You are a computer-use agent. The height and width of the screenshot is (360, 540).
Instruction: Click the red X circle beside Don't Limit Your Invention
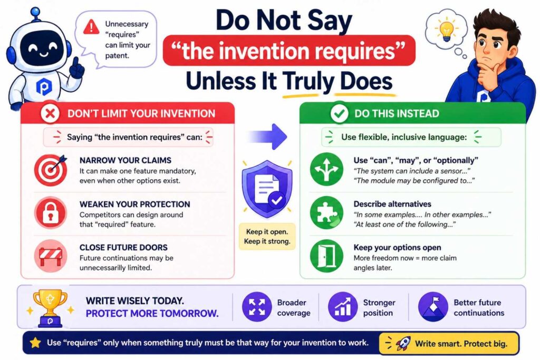51,113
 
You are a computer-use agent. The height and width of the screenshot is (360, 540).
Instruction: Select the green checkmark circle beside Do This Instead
338,113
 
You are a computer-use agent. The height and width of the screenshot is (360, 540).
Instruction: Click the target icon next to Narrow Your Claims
51,169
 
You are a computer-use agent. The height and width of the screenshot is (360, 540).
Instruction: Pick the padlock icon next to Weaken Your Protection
51,212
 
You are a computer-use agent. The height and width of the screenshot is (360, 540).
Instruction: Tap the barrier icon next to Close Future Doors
51,256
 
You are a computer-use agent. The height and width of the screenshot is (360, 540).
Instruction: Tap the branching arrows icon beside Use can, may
326,169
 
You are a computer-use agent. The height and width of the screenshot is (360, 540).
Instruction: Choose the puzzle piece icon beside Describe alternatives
326,212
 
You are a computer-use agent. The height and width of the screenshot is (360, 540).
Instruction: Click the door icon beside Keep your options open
326,256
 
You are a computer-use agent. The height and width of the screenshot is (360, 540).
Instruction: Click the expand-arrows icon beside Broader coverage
257,307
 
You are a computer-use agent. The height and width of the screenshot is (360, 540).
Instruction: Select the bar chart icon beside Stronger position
343,307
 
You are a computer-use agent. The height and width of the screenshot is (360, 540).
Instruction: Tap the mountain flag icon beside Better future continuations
433,307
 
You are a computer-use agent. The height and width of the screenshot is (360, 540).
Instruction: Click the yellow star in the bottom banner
35,343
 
